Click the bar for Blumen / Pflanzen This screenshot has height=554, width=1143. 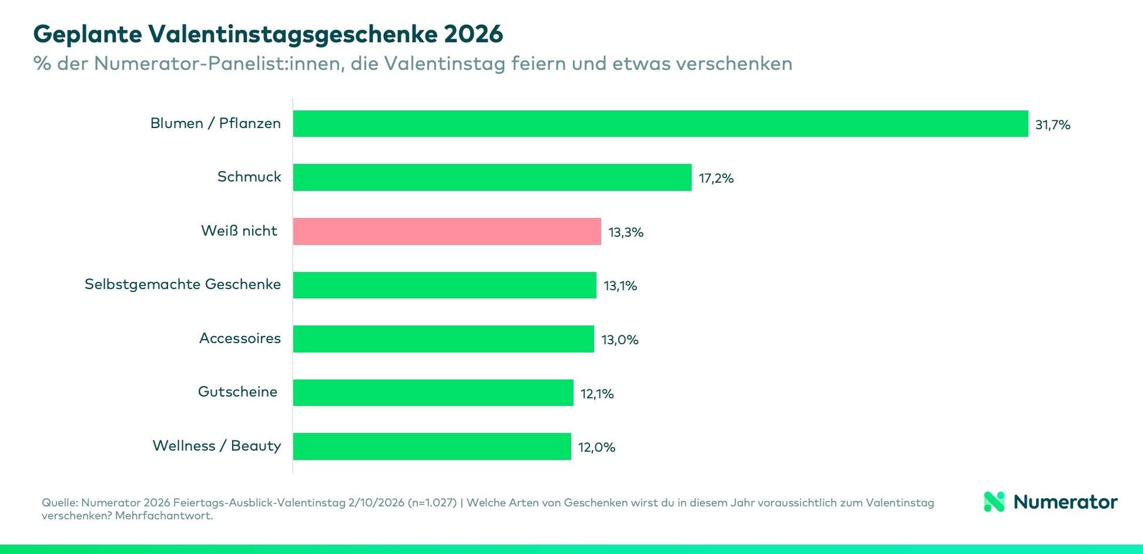(661, 124)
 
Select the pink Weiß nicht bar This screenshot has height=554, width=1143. (447, 231)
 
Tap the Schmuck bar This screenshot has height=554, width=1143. (492, 177)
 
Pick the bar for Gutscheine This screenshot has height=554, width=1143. (433, 392)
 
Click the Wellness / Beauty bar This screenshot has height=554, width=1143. (432, 446)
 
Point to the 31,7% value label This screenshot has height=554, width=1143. (1053, 125)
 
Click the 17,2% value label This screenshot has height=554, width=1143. (716, 179)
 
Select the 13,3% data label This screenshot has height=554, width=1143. (625, 232)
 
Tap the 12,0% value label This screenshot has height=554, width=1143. (596, 448)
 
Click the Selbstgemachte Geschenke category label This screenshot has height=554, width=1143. (183, 284)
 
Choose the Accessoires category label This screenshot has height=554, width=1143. (240, 338)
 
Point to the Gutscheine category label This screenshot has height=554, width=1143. (237, 392)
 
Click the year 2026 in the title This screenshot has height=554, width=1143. (473, 34)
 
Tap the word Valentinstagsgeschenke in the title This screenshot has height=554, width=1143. (293, 34)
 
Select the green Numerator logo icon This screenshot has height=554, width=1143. (994, 502)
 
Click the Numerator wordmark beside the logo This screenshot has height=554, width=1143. (1065, 502)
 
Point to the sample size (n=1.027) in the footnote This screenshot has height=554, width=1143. (432, 503)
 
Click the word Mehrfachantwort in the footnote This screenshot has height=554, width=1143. (163, 516)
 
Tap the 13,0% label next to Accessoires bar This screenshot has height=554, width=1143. (619, 340)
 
